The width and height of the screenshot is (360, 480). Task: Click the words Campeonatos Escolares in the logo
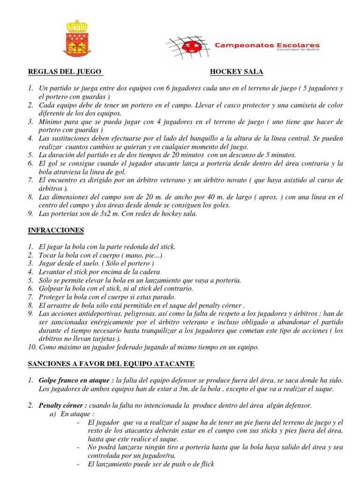[267, 45]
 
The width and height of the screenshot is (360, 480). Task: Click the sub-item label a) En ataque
[68, 415]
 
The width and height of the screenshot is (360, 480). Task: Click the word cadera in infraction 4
[149, 272]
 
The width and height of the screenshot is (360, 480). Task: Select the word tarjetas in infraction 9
[105, 338]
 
